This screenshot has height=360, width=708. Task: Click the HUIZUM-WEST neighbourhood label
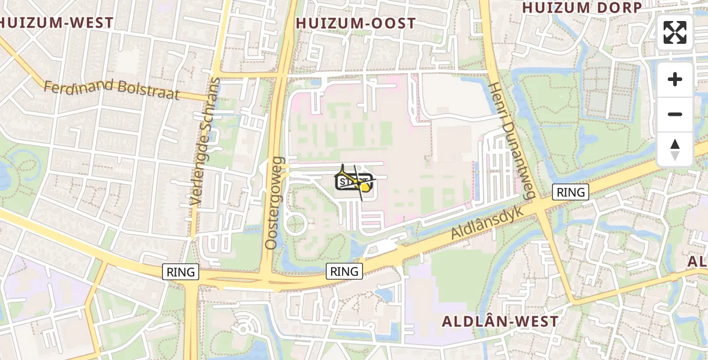(57, 23)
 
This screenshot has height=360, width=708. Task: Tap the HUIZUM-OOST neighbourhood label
(356, 23)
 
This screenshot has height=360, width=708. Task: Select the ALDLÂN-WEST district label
(500, 321)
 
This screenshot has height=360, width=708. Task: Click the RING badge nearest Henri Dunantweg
(571, 192)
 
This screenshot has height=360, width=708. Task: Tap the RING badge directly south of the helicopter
(344, 271)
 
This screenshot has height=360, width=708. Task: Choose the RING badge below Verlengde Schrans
(181, 272)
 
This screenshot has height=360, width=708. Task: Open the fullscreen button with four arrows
(675, 32)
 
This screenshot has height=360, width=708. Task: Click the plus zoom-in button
(675, 79)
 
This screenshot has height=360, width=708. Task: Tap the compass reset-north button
(675, 149)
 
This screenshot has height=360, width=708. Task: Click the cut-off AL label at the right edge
(698, 261)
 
